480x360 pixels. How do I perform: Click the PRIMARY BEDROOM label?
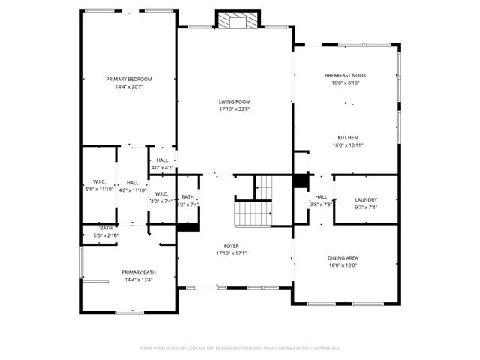click(129, 79)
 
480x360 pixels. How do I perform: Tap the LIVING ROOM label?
click(234, 101)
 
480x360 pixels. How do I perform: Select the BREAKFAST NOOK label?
click(345, 75)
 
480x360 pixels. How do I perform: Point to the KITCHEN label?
click(347, 137)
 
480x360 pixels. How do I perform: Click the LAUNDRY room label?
click(365, 199)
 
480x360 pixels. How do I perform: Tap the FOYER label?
click(231, 245)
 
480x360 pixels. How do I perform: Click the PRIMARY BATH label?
click(137, 272)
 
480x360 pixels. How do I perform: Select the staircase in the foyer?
click(252, 213)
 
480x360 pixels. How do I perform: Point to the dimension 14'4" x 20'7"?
click(129, 87)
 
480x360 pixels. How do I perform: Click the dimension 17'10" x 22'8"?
click(234, 109)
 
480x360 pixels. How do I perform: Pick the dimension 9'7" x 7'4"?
click(365, 208)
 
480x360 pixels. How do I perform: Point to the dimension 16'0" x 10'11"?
click(347, 145)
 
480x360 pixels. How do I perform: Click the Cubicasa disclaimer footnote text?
click(240, 347)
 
